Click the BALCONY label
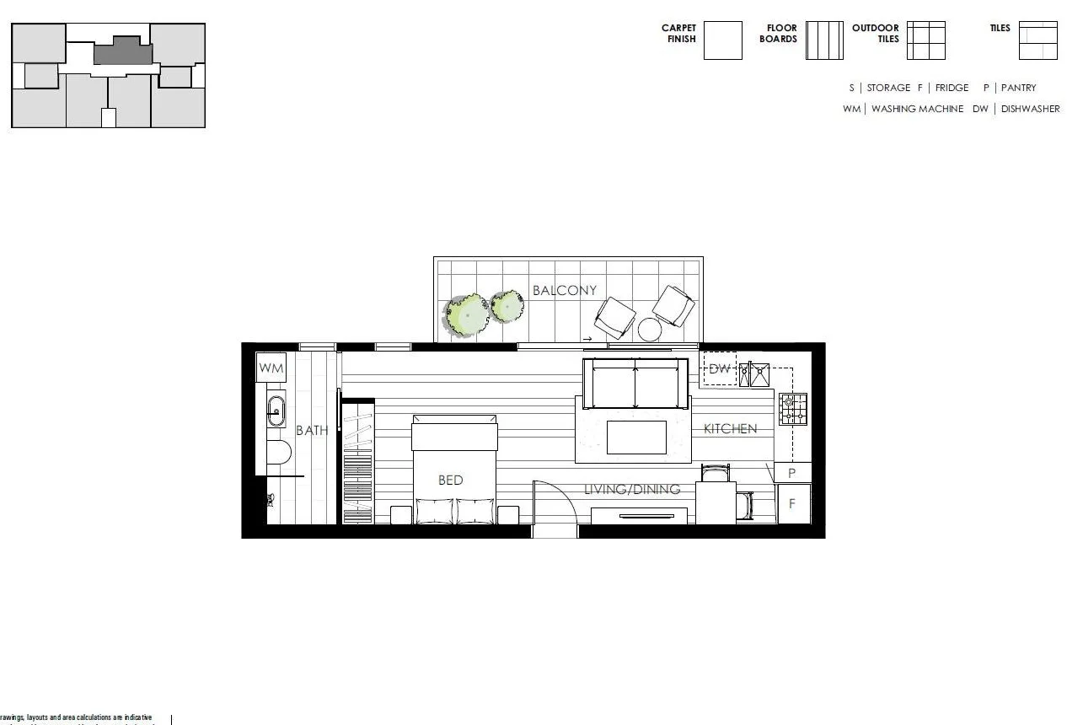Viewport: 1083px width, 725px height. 564,291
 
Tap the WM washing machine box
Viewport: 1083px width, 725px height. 271,368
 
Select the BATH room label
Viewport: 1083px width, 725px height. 312,431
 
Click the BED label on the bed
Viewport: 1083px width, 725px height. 451,480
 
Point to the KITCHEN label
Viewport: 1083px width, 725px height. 730,429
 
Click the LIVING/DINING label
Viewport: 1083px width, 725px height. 632,489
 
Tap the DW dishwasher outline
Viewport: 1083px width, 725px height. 720,369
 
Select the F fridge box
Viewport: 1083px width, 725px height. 792,504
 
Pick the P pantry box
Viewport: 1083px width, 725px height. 792,473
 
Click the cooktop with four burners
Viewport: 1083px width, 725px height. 792,409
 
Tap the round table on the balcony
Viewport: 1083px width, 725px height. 650,329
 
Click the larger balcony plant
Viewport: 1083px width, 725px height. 466,315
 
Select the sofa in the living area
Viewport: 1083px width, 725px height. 635,384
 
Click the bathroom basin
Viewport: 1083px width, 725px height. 276,411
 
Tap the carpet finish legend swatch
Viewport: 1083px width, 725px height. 722,40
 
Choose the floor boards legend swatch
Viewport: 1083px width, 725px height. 824,40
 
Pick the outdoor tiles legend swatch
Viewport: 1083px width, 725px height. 925,40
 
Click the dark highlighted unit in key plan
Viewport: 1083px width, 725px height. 123,52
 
